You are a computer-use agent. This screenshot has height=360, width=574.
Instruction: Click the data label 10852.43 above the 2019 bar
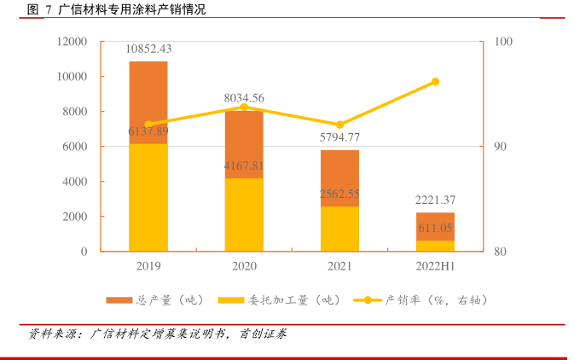pyautogui.click(x=148, y=49)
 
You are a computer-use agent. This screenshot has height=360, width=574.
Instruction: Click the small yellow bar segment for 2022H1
pyautogui.click(x=435, y=246)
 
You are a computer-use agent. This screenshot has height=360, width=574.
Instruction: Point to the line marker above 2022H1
pyautogui.click(x=435, y=82)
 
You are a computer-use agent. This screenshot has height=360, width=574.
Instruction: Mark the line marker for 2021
pyautogui.click(x=339, y=125)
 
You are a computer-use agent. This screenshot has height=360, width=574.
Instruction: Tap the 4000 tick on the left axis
pyautogui.click(x=75, y=182)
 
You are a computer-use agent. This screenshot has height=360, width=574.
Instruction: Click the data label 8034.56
pyautogui.click(x=244, y=98)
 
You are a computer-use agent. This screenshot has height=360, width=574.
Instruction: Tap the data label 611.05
pyautogui.click(x=435, y=229)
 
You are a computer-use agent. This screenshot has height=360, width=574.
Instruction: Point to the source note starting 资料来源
pyautogui.click(x=158, y=334)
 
